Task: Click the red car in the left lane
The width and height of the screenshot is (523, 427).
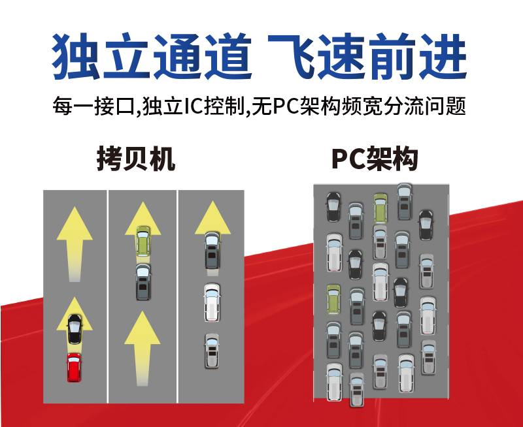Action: pyautogui.click(x=74, y=368)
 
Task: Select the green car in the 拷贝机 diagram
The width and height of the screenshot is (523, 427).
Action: pyautogui.click(x=143, y=240)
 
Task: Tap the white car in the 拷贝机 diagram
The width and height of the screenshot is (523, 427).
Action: pyautogui.click(x=212, y=302)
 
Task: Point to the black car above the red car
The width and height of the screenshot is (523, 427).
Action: pyautogui.click(x=75, y=329)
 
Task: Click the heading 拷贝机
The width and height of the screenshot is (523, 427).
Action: pyautogui.click(x=136, y=159)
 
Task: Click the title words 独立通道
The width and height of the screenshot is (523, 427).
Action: pyautogui.click(x=152, y=57)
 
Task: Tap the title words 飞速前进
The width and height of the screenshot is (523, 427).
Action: pyautogui.click(x=368, y=57)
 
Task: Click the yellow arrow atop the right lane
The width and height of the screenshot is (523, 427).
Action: pyautogui.click(x=212, y=219)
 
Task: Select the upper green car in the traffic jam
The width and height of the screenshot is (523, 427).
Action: pyautogui.click(x=380, y=208)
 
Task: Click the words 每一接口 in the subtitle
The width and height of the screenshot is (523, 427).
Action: pyautogui.click(x=92, y=106)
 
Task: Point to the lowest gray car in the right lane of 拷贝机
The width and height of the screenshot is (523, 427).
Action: pyautogui.click(x=211, y=351)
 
